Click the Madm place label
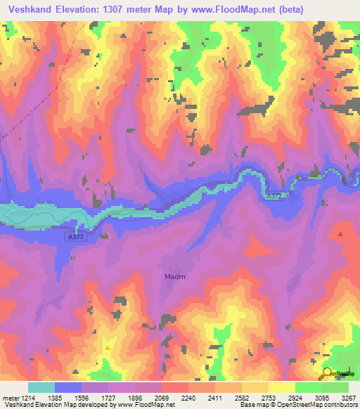click(175, 277)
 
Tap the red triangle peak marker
click(341, 233)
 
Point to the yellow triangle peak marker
click(107, 347)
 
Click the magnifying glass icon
click(328, 373)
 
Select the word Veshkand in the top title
click(29, 8)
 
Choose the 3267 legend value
click(349, 398)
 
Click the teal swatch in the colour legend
click(41, 387)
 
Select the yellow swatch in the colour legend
click(282, 387)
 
